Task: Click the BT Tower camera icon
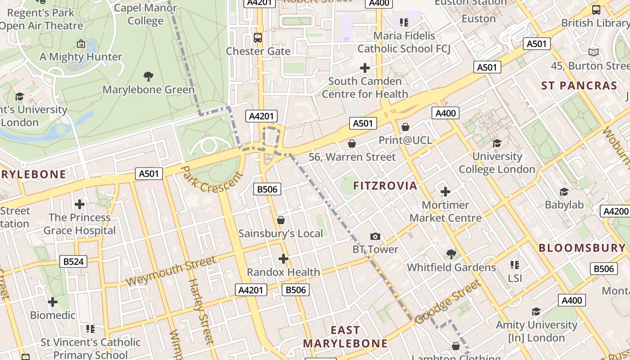click(x=375, y=236)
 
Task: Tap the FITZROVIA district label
click(x=385, y=186)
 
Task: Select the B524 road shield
click(x=73, y=261)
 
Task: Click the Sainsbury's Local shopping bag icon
click(x=281, y=220)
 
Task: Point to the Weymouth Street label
click(x=171, y=271)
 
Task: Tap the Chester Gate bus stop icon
click(x=258, y=38)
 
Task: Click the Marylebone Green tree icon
click(x=148, y=76)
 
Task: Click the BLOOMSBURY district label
click(x=582, y=248)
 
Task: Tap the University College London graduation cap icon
click(x=497, y=143)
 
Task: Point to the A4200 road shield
click(x=616, y=211)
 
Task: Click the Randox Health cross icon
click(x=283, y=259)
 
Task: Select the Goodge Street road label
click(x=448, y=302)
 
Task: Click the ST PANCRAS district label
click(x=579, y=86)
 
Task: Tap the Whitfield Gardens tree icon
click(x=451, y=254)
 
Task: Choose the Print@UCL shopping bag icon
click(x=405, y=127)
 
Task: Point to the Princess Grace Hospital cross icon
click(x=80, y=204)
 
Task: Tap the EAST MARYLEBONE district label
click(x=345, y=337)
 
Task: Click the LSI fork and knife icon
click(x=515, y=265)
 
